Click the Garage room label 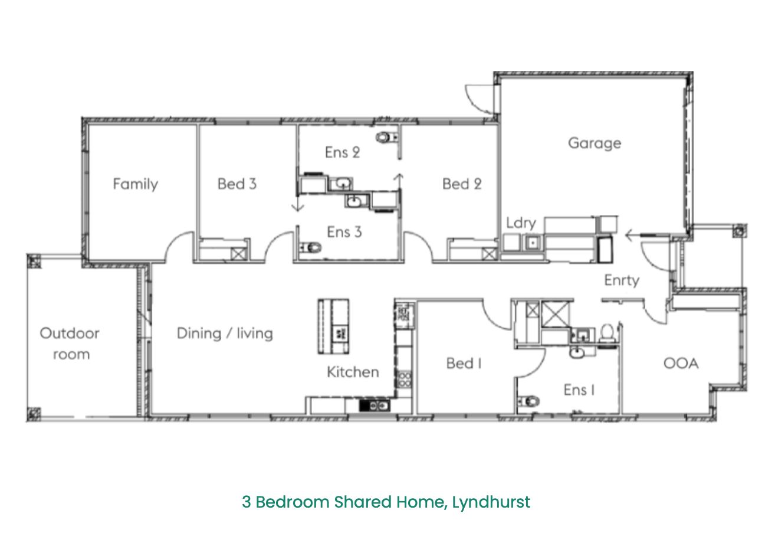tap(595, 143)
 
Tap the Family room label tap(135, 184)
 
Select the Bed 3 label tap(237, 184)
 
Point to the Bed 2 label tap(462, 184)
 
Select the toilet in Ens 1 tap(528, 401)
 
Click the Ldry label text tap(521, 223)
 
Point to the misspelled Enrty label tap(622, 280)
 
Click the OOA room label tap(681, 364)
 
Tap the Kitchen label tap(353, 372)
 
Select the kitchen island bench tap(333, 327)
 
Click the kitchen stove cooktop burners tap(404, 379)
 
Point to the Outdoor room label tap(70, 344)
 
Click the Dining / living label tap(225, 334)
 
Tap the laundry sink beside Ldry tap(533, 243)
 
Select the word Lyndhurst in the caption tap(491, 502)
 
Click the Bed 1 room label tap(464, 364)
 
